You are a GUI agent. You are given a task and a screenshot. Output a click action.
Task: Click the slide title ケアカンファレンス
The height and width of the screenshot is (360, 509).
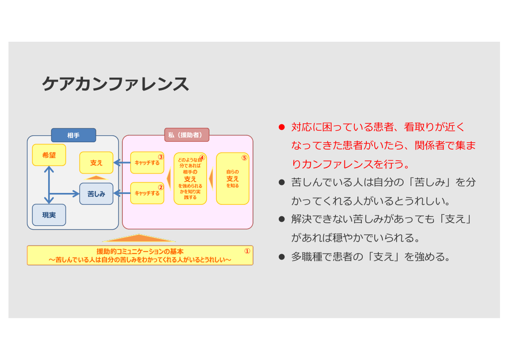115,84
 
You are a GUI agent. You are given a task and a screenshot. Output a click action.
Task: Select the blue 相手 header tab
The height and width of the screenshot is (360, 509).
74,135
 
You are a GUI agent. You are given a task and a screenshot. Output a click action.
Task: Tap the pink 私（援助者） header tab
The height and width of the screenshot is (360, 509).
186,135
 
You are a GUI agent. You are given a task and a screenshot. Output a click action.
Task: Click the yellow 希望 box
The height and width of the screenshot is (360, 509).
49,155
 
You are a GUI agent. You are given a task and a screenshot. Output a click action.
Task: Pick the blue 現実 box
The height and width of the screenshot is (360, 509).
49,215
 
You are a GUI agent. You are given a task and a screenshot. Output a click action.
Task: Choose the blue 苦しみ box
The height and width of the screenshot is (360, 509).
96,194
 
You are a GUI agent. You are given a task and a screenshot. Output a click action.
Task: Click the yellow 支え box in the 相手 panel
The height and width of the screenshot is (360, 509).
96,163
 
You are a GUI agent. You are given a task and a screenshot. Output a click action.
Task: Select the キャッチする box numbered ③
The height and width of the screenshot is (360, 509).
147,163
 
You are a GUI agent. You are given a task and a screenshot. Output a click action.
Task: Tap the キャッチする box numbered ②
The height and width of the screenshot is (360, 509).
147,193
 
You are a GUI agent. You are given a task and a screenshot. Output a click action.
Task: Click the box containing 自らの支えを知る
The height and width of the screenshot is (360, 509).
233,179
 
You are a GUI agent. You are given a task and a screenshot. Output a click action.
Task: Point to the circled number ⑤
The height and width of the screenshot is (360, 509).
244,158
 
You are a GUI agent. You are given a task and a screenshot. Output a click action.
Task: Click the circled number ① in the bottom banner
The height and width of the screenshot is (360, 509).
247,251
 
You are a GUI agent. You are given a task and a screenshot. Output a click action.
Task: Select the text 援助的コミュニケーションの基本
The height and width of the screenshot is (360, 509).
140,252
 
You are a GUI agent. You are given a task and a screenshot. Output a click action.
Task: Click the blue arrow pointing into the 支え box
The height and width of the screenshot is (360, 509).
122,163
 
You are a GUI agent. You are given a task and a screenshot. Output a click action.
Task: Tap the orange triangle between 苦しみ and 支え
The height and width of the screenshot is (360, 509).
96,178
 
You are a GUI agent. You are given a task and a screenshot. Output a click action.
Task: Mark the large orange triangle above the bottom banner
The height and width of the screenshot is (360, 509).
139,238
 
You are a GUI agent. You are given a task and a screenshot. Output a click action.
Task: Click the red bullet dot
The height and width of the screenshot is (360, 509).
281,127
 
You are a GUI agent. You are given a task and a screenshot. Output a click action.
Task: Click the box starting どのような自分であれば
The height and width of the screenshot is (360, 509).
190,179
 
